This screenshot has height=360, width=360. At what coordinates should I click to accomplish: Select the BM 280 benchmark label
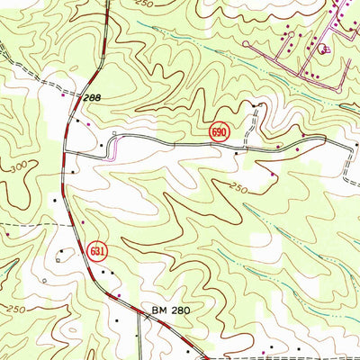click(x=172, y=310)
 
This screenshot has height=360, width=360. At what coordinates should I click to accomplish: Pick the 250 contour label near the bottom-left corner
click(x=13, y=310)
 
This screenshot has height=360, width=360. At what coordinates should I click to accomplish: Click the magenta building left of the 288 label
click(x=61, y=92)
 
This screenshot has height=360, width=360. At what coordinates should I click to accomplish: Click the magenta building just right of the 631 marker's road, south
click(x=84, y=219)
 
